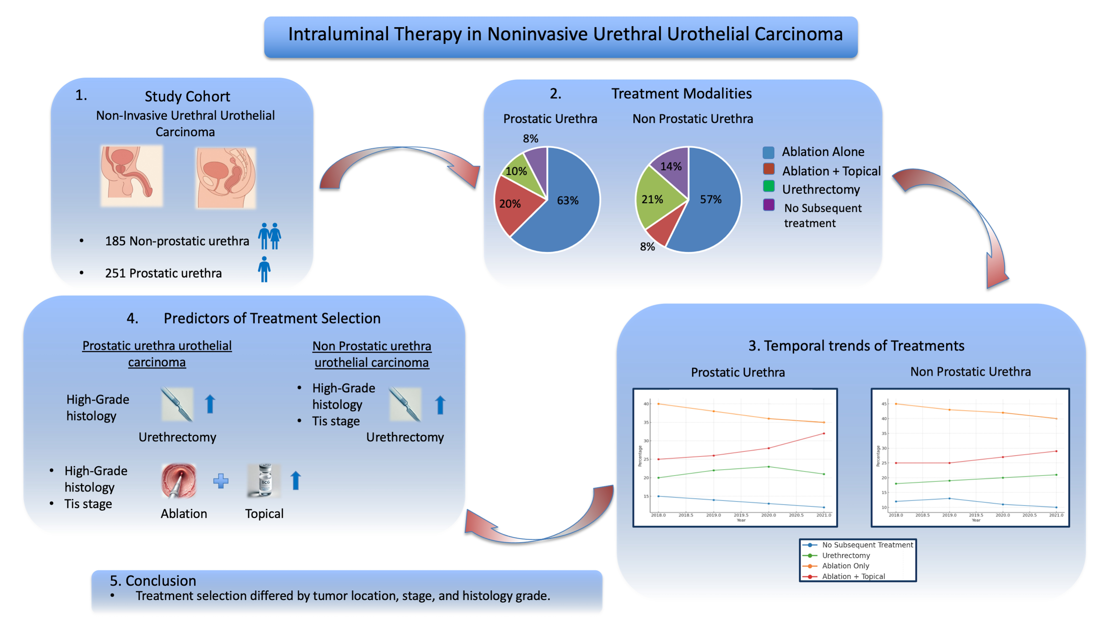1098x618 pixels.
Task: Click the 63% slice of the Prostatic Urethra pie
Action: click(x=571, y=205)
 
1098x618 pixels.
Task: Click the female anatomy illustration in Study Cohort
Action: click(x=226, y=177)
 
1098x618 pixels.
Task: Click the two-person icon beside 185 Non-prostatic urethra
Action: click(x=269, y=236)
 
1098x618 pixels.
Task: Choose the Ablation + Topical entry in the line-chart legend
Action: click(x=853, y=576)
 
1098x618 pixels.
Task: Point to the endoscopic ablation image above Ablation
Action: click(x=179, y=481)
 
